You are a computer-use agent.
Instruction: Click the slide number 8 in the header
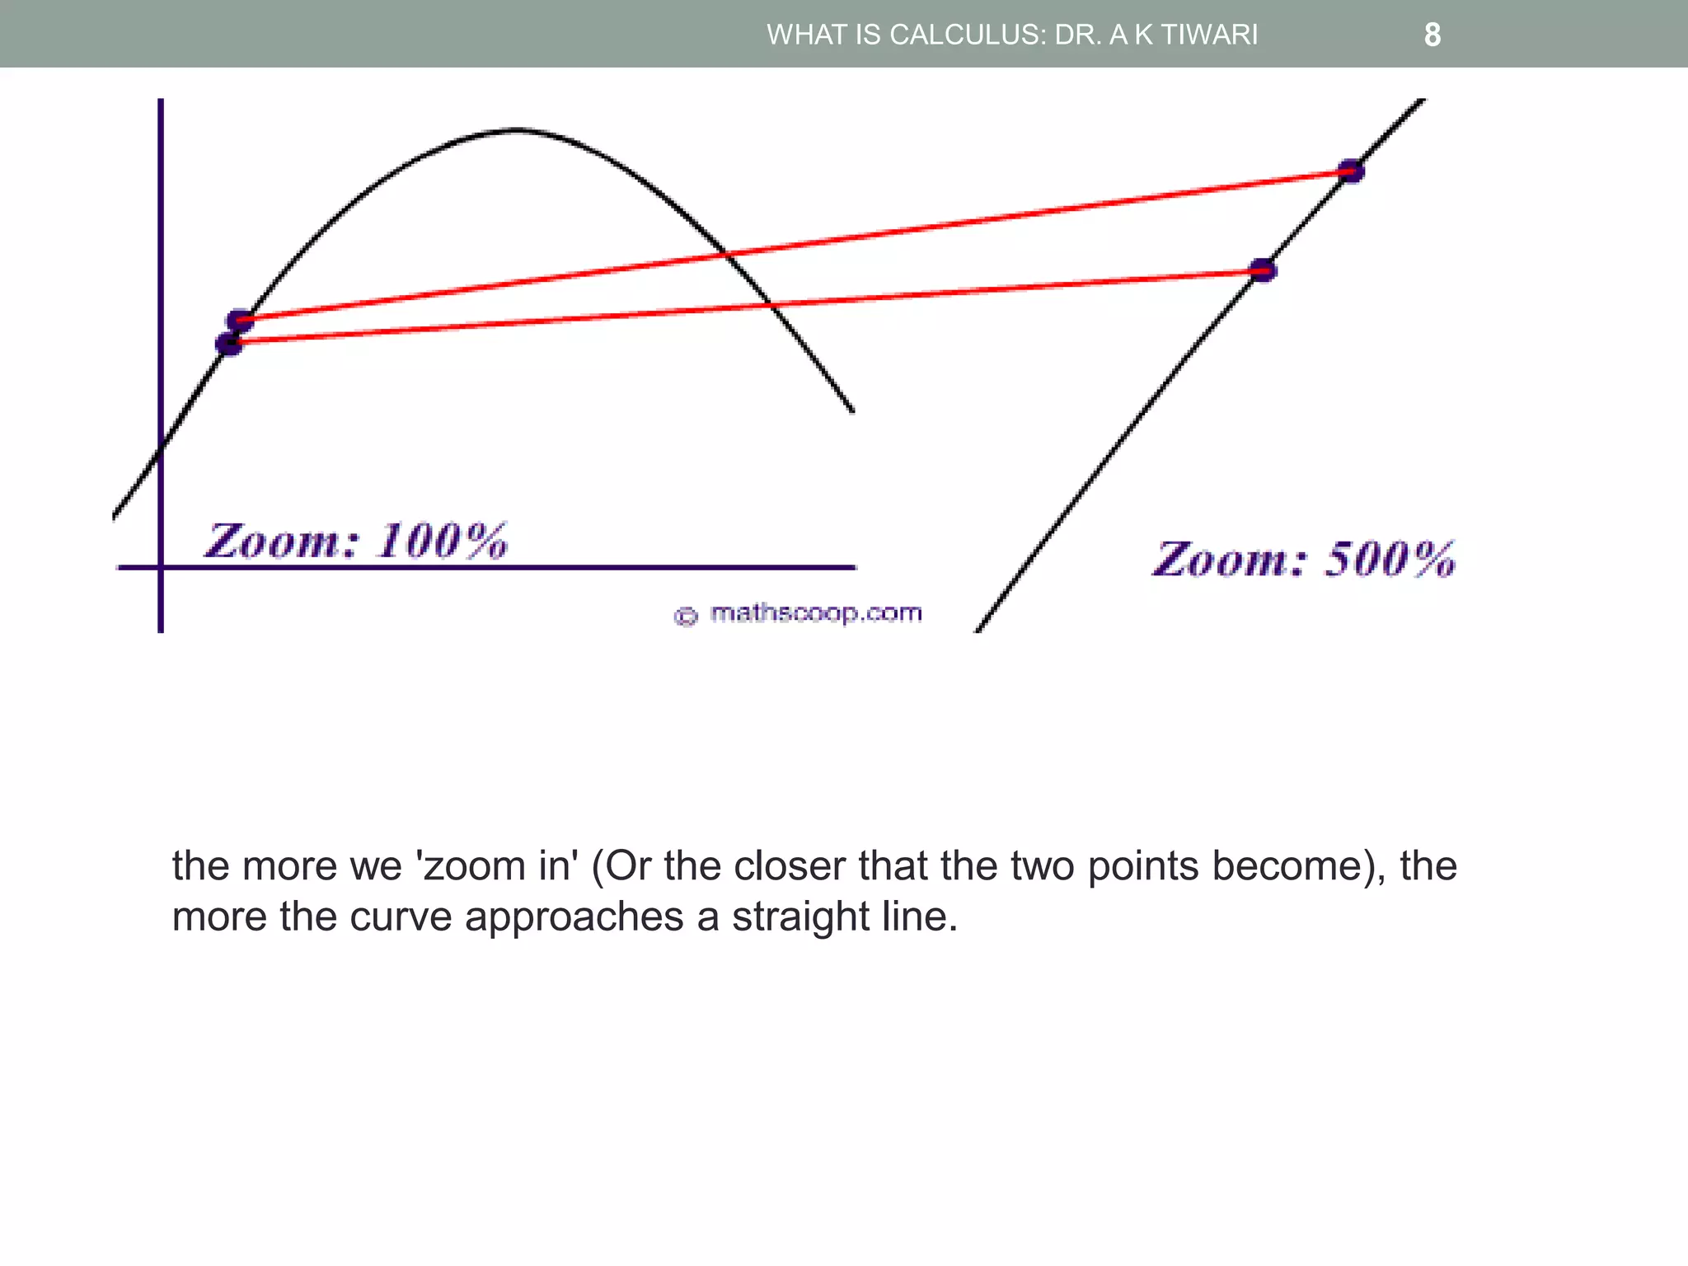[1432, 35]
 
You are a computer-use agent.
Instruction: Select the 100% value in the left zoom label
[442, 542]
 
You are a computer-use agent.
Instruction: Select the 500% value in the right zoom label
[1390, 560]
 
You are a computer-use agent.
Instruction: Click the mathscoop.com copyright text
[815, 613]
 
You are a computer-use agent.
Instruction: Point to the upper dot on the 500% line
[1351, 171]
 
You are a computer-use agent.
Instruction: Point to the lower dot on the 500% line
[1263, 270]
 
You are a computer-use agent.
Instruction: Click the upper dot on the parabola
[240, 320]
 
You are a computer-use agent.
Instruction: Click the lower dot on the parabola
[229, 343]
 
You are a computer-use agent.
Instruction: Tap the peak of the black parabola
[515, 129]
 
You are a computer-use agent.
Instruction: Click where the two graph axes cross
[161, 567]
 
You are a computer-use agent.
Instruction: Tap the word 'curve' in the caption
[401, 917]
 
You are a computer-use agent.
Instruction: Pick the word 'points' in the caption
[1142, 865]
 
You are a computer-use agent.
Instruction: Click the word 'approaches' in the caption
[574, 917]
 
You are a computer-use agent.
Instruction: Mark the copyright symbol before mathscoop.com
[686, 616]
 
